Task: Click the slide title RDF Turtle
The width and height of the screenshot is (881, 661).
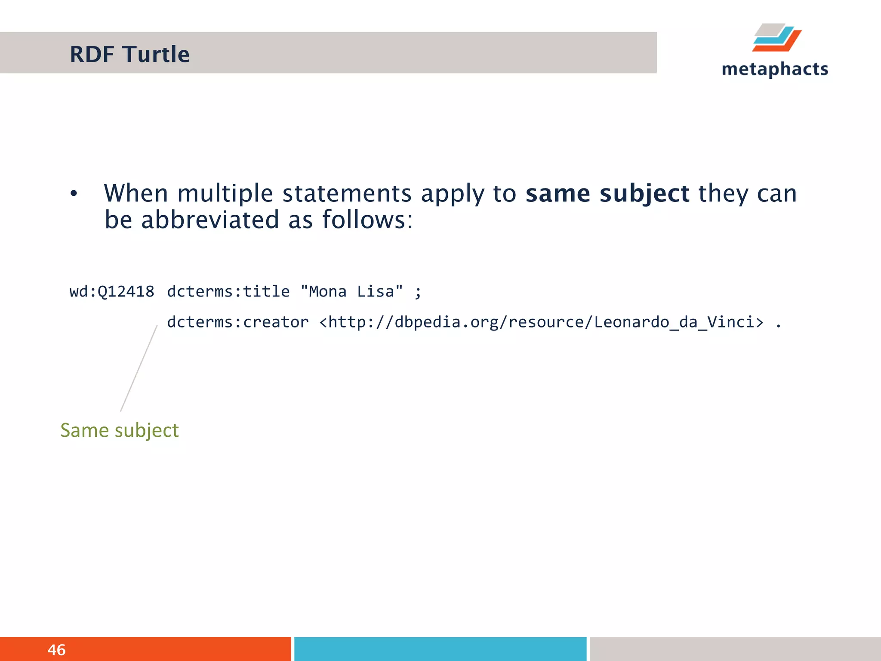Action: (x=129, y=55)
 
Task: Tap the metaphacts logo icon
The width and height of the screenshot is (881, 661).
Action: (x=776, y=38)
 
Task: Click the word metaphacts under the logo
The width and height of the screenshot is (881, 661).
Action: (x=775, y=69)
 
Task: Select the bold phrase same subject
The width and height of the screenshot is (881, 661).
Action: (x=607, y=194)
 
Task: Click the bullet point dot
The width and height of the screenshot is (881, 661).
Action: (x=74, y=194)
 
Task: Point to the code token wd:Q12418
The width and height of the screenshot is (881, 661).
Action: (x=112, y=292)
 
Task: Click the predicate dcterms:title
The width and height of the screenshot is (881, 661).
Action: (x=228, y=292)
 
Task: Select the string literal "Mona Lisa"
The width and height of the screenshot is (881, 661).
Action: (x=351, y=292)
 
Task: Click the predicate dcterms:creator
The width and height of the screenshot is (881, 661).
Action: (x=237, y=322)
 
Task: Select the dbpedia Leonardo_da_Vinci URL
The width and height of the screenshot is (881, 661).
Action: (x=541, y=322)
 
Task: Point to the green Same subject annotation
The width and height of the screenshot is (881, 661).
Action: (x=119, y=430)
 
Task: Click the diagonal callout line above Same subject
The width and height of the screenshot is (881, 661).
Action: (x=139, y=368)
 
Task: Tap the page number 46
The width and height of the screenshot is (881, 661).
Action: (x=56, y=650)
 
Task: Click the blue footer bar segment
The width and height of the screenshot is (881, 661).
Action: (x=440, y=649)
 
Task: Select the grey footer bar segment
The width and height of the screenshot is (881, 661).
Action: (x=735, y=649)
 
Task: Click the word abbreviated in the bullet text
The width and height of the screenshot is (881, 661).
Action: (x=210, y=220)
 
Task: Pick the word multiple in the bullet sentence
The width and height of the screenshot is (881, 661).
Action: (x=225, y=194)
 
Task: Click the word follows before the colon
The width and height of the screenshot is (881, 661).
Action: (x=363, y=220)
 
